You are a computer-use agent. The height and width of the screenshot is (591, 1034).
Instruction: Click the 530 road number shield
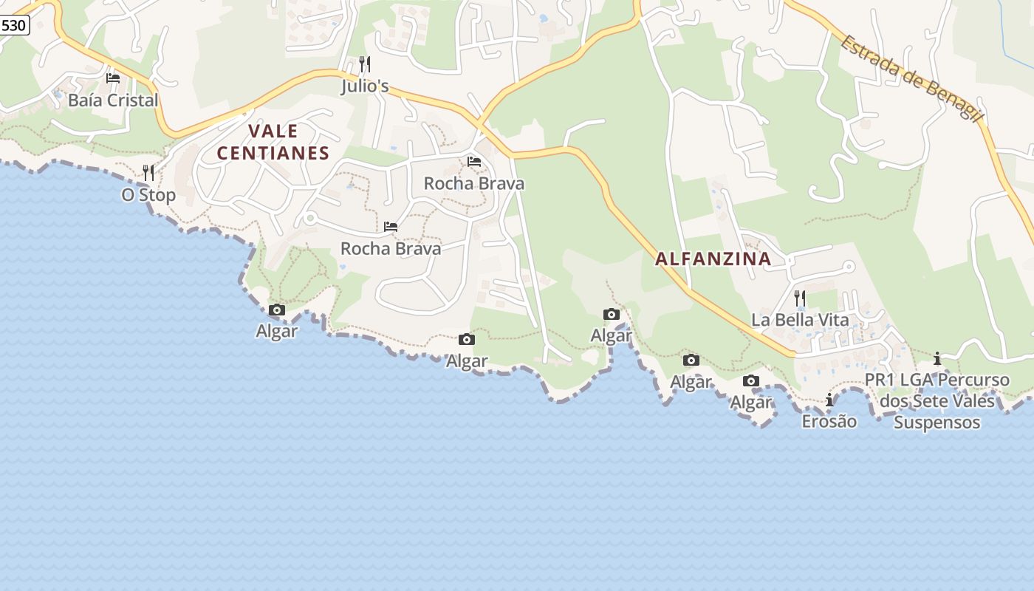[13, 25]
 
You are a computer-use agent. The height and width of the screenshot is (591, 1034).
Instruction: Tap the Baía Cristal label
[113, 100]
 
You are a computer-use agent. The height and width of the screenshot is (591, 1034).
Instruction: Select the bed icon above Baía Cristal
[113, 78]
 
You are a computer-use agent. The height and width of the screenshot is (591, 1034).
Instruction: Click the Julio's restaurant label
[365, 86]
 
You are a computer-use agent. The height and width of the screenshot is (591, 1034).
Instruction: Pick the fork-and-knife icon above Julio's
[365, 64]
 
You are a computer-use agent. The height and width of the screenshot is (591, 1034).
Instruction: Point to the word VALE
[273, 131]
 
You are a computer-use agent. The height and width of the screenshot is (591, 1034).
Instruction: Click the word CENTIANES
[273, 154]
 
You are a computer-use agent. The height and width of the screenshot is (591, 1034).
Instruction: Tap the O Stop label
[148, 195]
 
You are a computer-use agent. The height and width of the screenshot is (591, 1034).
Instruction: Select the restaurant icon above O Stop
[148, 173]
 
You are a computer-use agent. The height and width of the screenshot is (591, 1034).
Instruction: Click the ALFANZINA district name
[713, 259]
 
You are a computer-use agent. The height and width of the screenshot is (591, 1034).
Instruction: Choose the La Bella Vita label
[800, 320]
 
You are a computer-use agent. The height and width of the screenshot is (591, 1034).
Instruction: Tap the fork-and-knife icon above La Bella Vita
[800, 298]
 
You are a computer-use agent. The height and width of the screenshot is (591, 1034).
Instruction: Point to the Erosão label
[829, 421]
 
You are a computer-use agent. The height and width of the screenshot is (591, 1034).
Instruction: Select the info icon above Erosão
[829, 400]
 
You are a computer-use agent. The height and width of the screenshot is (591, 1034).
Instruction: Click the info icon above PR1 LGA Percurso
[937, 359]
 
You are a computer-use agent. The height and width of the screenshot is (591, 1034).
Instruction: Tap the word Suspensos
[937, 423]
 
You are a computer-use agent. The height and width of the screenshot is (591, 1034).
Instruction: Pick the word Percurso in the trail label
[976, 380]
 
